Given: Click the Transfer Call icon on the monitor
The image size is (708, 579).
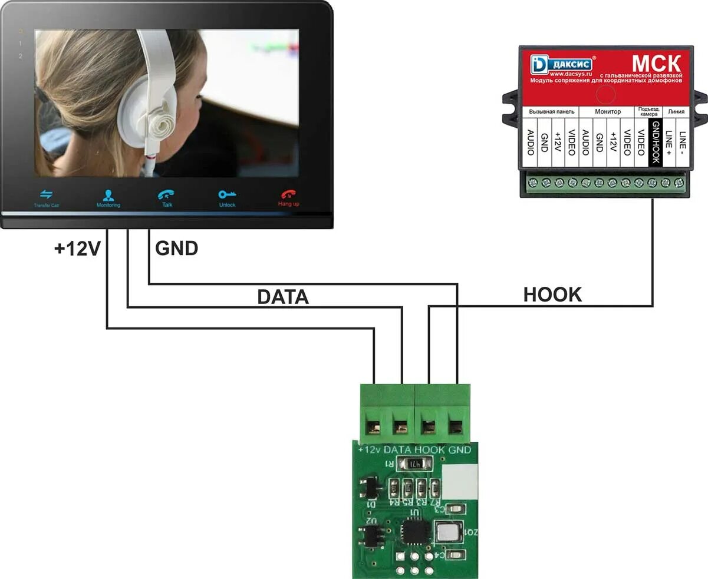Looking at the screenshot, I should coord(46,194).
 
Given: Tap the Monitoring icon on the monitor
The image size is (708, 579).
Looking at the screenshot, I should coord(108,195).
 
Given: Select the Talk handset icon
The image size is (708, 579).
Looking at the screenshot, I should coord(166,195).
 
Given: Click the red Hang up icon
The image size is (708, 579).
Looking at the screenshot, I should coord(288,194).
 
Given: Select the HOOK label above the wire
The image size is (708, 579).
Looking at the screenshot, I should coord(552,295).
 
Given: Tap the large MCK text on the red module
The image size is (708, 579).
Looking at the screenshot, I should coord(656,63).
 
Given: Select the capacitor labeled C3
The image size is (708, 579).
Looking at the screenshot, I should coord(455,509).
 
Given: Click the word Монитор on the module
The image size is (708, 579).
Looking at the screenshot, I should coord(607,111).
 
